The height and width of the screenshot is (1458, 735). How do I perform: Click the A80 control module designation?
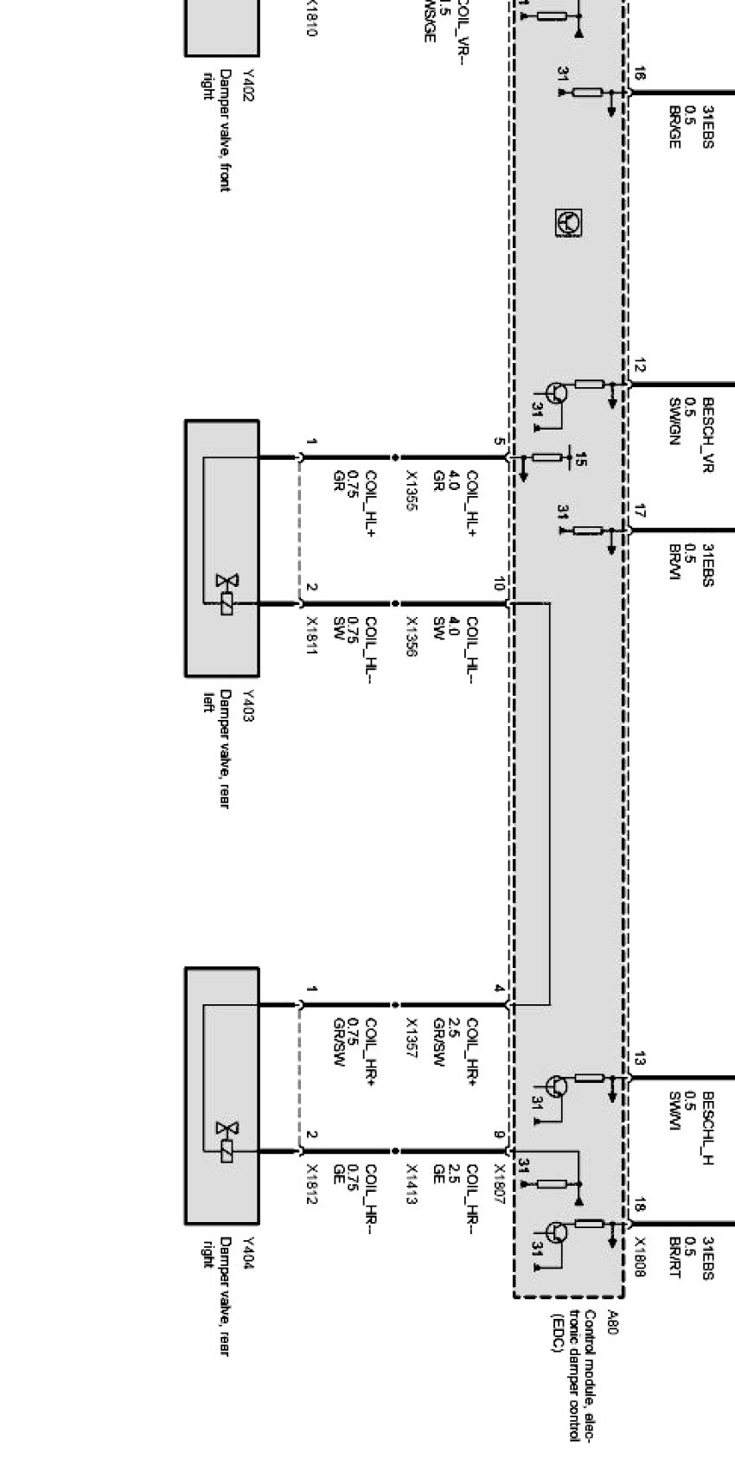click(613, 1323)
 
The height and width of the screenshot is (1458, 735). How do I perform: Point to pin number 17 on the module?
click(639, 513)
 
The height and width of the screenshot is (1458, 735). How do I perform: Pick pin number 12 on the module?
click(639, 366)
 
